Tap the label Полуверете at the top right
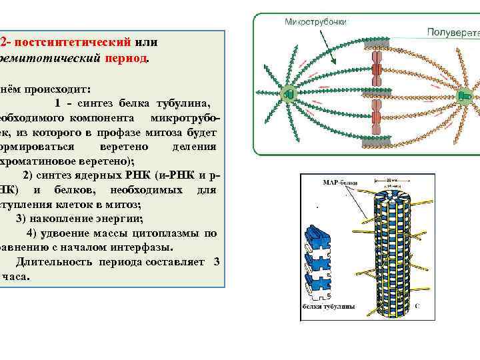452,31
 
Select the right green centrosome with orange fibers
464,99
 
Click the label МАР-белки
339,181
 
